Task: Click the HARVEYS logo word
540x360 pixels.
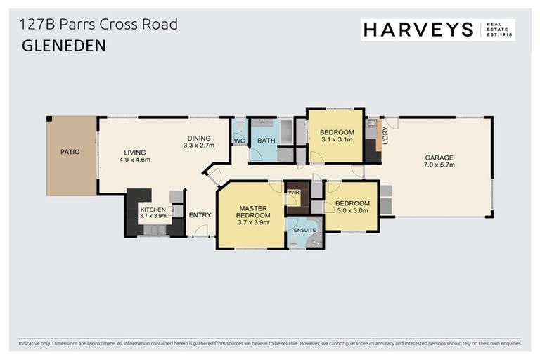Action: pyautogui.click(x=418, y=29)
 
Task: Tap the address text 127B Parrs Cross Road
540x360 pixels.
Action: pyautogui.click(x=98, y=25)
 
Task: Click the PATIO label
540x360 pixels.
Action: pyautogui.click(x=70, y=151)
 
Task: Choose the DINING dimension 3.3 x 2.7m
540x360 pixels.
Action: pyautogui.click(x=198, y=146)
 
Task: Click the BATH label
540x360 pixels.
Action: pyautogui.click(x=266, y=141)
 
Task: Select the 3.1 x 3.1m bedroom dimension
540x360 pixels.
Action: pyautogui.click(x=335, y=140)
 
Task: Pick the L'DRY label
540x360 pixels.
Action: pyautogui.click(x=385, y=134)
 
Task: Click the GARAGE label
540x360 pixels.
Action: pyautogui.click(x=439, y=157)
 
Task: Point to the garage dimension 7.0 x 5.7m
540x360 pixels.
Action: pyautogui.click(x=439, y=165)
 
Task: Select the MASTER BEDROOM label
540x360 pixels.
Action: pyautogui.click(x=250, y=212)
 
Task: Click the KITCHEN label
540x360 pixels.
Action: pyautogui.click(x=153, y=210)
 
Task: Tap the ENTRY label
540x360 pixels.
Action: pyautogui.click(x=200, y=215)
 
